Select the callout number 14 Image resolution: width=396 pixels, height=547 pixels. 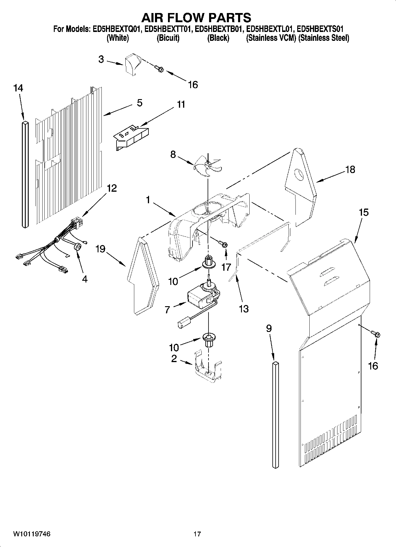click(x=18, y=88)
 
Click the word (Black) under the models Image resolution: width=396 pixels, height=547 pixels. click(x=218, y=38)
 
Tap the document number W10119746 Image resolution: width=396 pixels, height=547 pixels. click(x=32, y=534)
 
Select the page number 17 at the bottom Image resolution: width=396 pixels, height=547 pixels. click(x=197, y=534)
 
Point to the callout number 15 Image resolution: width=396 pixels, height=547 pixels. click(x=364, y=212)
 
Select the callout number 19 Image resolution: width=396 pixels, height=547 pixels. click(x=100, y=249)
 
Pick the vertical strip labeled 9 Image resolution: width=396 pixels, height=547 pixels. click(x=275, y=414)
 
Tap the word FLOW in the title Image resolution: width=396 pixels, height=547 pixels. click(x=196, y=18)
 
